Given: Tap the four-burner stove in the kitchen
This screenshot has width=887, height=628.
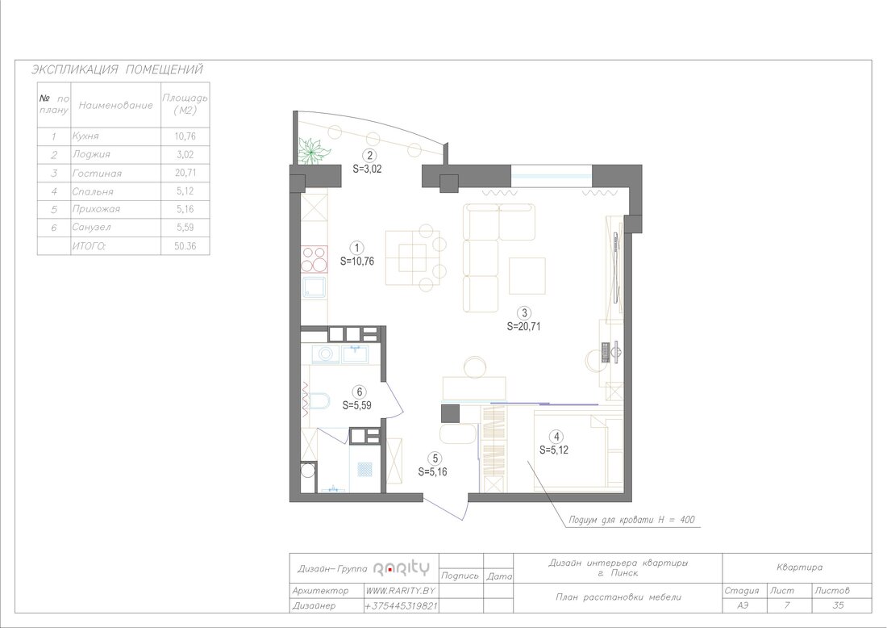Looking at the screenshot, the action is point(314,259).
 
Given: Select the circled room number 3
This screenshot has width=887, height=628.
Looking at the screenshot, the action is point(524,313).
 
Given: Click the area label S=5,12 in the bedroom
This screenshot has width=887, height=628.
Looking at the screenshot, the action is point(554,450).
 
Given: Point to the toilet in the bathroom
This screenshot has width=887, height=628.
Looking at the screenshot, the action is point(319,401).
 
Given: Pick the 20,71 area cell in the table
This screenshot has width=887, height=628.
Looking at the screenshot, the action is point(185,172).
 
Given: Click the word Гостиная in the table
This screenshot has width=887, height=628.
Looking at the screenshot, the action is point(97,174).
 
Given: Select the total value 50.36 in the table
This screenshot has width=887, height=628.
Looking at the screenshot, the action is point(185,245).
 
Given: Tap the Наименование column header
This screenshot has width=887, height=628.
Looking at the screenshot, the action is point(115,105).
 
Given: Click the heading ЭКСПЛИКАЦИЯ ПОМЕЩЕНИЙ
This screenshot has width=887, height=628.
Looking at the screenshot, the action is point(117,69).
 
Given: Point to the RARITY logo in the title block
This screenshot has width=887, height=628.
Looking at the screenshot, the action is point(402,568).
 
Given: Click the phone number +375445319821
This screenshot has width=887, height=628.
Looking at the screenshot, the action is point(401,605).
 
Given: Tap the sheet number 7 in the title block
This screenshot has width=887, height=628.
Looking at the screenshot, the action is point(787,605).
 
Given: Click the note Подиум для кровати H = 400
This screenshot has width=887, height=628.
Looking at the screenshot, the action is point(631,520).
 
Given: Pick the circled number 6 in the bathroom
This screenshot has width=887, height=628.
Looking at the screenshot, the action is point(359,391).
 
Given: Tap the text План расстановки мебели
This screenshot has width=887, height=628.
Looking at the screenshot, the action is point(618,597).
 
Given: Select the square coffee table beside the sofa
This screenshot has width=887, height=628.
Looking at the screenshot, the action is point(527,276).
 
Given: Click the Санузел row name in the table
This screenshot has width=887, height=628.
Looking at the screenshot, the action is point(92,227).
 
